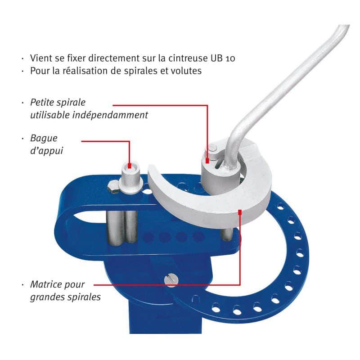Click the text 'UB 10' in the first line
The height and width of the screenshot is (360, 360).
coord(222,58)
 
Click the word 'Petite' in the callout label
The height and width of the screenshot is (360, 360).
coord(42,103)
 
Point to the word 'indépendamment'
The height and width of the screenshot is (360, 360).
coord(110,115)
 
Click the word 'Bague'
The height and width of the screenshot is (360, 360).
coord(44,139)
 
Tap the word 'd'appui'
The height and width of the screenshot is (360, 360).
coord(47,151)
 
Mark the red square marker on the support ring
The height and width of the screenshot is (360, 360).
coord(129,166)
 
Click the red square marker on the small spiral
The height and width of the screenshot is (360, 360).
coord(207,161)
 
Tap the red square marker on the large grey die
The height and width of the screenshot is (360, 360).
coord(240,212)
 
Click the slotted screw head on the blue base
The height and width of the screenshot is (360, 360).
coord(171,280)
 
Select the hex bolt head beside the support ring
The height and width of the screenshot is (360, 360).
coord(113,186)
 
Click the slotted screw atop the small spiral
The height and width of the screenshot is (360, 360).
coord(212,148)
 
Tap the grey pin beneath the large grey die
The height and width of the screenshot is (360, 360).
coord(227,234)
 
